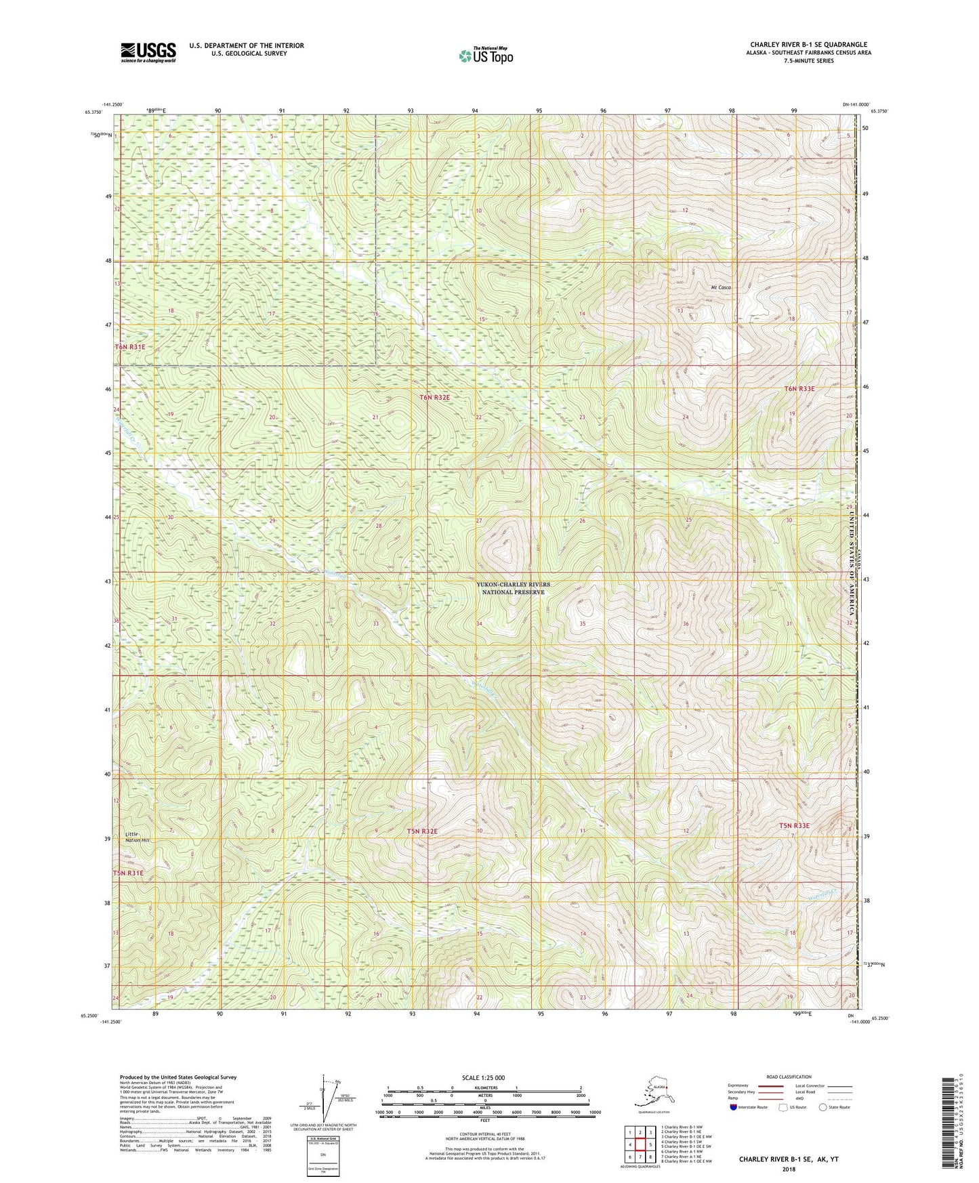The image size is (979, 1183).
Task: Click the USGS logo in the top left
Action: coord(148,52)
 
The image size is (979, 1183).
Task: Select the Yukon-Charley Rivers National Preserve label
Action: coord(513,588)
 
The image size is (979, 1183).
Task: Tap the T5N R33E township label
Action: coord(794,825)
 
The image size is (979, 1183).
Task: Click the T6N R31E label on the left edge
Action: coord(129,347)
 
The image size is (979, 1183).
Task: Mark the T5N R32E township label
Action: coord(422,831)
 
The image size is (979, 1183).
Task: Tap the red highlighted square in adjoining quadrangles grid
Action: coord(640,1144)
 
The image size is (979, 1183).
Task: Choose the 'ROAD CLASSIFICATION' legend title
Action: coord(790,1077)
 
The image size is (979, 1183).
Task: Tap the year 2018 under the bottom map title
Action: coord(789,1168)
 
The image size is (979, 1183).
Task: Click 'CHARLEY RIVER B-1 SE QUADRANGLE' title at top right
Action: coord(808,44)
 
